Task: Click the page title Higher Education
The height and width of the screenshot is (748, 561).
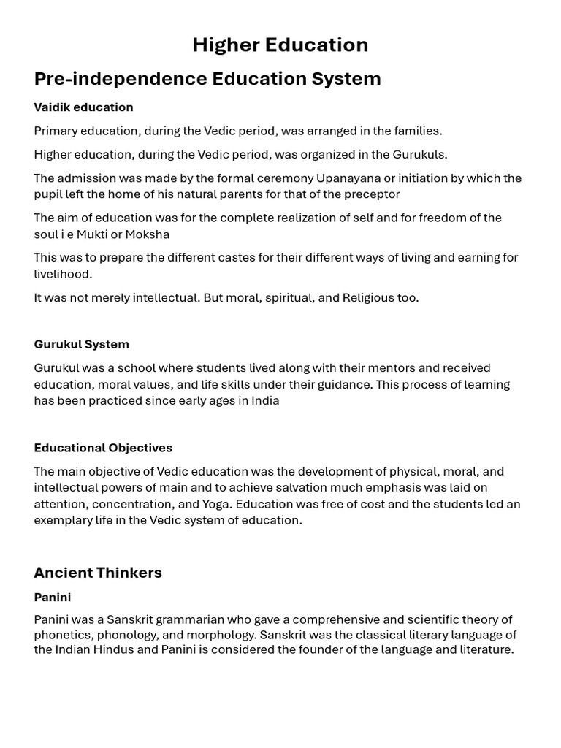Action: [x=280, y=45]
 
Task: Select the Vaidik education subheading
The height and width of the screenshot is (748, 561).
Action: [x=83, y=107]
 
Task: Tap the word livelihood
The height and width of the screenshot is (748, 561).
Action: [x=62, y=275]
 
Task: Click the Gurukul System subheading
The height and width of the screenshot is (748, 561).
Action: [x=81, y=344]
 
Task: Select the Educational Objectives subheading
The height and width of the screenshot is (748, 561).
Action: [x=103, y=448]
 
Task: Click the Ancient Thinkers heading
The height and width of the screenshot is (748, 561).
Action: [x=98, y=573]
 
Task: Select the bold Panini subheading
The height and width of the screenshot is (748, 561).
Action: [x=53, y=598]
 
